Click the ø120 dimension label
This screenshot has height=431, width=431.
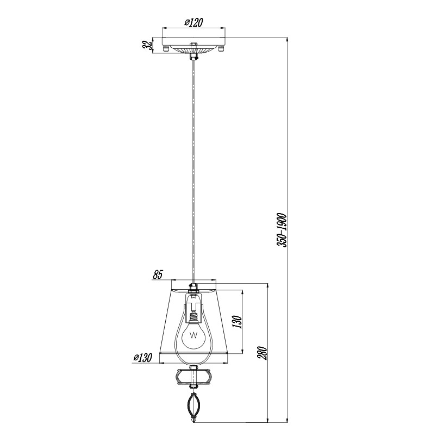(193, 22)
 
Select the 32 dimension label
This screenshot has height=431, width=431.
(147, 45)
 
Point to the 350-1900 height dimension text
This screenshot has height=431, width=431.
(282, 230)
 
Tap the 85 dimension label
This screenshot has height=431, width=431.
(158, 274)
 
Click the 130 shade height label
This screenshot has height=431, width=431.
(237, 322)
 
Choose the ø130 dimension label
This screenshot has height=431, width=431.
(142, 358)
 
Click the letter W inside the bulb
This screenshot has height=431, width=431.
(193, 335)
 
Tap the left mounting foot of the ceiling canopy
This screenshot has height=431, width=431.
(166, 49)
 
